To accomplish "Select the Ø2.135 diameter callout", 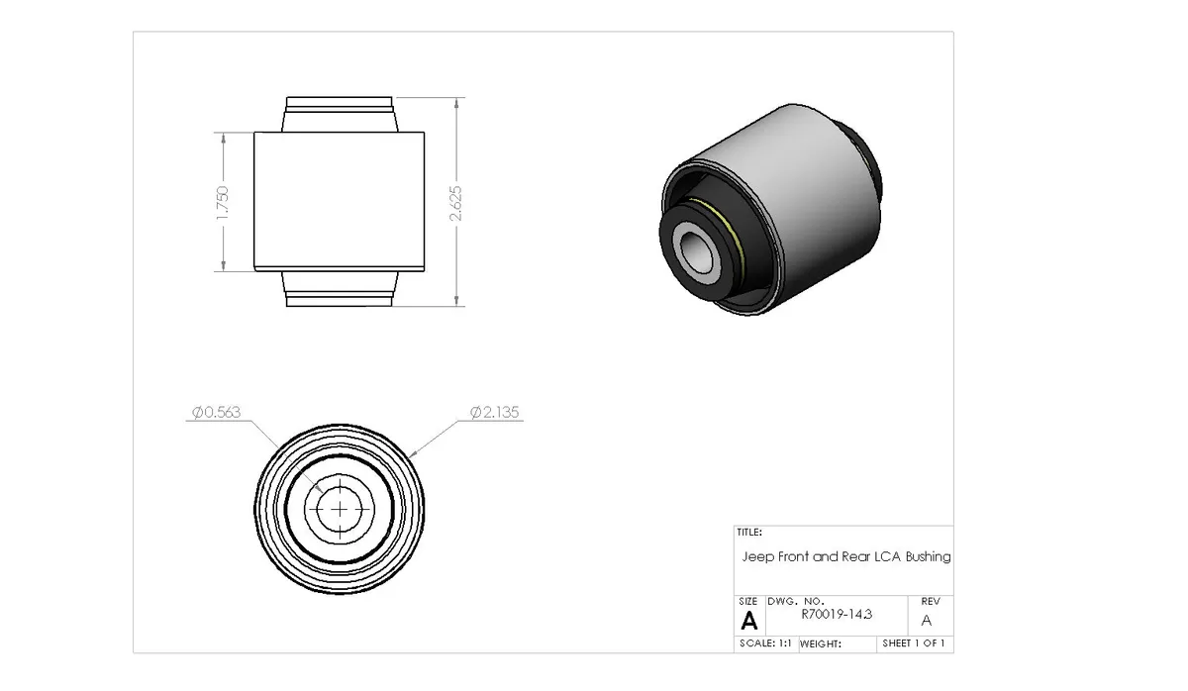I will point(495,412).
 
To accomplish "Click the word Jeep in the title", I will point(758,557).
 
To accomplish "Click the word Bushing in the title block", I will point(928,557).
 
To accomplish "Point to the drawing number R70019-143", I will point(837,615).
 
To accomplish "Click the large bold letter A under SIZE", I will point(749,621).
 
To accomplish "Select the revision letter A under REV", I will point(927,621).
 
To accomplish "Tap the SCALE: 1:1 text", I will point(764,643).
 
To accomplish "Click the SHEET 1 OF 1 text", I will point(914,643).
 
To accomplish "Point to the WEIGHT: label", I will point(820,643).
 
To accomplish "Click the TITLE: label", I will point(749,532).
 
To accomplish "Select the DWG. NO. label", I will point(795,601).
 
